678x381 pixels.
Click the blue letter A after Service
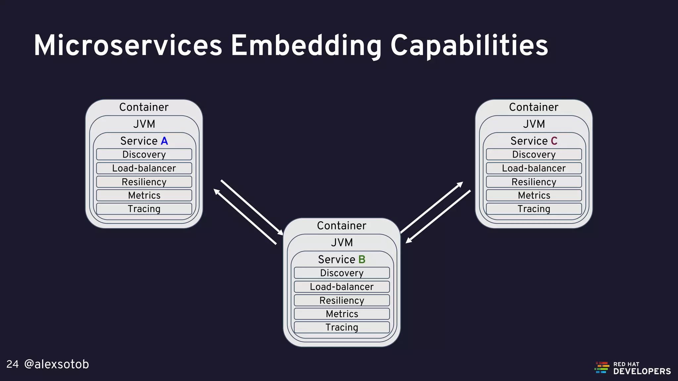coord(164,141)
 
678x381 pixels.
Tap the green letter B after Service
coord(362,259)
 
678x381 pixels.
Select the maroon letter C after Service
coord(554,141)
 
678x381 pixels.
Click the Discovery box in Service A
coord(144,154)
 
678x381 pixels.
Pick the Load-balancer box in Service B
coord(342,287)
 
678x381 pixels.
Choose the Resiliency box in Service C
coord(534,182)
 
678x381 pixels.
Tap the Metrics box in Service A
coord(144,195)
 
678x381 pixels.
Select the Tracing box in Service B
coord(342,327)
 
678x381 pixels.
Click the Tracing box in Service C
coord(534,209)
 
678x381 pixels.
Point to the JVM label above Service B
coord(342,242)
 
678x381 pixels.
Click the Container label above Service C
coord(534,107)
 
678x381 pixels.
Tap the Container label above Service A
coord(144,107)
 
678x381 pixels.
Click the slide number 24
coord(13,364)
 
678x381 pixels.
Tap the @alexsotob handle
coord(57,364)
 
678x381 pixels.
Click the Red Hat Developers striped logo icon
coord(602,367)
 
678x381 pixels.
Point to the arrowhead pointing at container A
coord(217,191)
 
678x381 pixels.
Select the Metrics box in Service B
coord(342,314)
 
